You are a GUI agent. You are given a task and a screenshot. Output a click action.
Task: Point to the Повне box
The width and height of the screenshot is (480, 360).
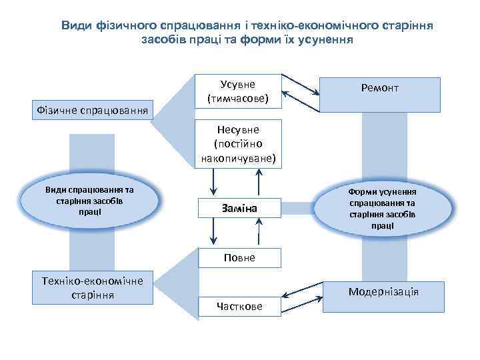(239, 257)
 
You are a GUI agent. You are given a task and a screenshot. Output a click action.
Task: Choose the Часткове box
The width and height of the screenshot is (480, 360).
(239, 306)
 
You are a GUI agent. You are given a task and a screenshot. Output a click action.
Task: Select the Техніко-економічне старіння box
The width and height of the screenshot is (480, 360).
(93, 287)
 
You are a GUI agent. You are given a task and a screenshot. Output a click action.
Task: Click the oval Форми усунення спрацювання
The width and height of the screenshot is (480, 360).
(383, 208)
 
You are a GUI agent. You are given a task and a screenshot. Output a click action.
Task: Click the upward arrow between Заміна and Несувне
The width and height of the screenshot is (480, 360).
(259, 182)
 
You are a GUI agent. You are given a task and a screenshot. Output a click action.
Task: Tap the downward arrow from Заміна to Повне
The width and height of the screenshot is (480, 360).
(213, 231)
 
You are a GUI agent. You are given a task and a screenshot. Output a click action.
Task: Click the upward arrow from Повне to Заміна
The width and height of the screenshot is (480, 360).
(259, 231)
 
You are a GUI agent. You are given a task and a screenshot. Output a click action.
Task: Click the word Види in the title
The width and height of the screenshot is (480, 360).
(75, 25)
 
